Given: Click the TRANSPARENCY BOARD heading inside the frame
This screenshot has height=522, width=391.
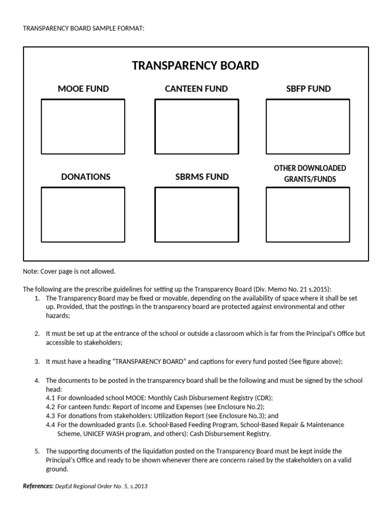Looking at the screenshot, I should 195,66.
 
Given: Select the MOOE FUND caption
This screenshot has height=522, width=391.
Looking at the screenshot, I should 83,89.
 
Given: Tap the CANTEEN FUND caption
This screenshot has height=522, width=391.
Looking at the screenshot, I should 196,89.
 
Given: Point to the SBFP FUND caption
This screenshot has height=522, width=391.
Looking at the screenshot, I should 308,89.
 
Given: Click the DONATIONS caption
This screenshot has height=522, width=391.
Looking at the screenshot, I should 86,177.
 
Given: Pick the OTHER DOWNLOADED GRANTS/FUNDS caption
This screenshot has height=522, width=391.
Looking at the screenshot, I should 310,173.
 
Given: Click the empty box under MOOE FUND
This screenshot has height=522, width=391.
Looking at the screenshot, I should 83,126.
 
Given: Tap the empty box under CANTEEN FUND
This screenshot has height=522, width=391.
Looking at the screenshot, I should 196,126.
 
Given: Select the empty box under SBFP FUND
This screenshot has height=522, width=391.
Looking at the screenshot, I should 308,126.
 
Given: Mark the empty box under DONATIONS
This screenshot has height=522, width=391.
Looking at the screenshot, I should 83,214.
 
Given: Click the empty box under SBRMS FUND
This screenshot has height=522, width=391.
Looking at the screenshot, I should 196,214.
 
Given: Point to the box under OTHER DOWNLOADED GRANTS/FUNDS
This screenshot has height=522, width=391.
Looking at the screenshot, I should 308,214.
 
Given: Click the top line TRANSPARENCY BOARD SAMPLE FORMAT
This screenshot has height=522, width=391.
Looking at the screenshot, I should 83,28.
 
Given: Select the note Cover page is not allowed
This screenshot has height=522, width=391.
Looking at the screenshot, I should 69,271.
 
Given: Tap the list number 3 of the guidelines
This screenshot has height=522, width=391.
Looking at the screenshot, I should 37,361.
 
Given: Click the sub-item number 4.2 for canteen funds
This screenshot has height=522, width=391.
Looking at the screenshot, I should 50,407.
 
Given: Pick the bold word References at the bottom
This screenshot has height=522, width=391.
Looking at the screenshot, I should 38,486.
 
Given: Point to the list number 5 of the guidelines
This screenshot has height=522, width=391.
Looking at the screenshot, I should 37,451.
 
